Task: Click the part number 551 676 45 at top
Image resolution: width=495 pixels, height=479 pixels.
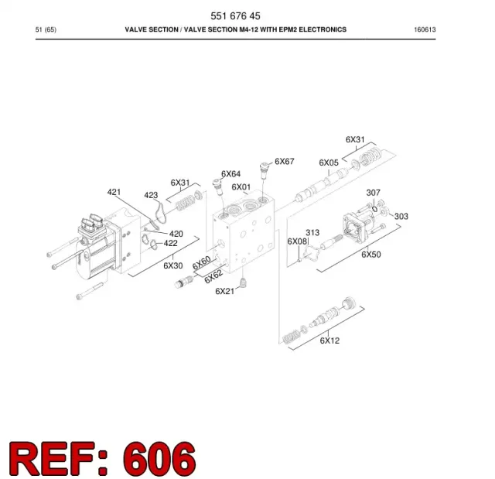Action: point(235,15)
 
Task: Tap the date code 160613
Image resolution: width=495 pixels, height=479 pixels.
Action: point(425,29)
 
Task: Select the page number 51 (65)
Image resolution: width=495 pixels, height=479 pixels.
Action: point(46,29)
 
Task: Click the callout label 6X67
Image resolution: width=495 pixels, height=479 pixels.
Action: point(285,162)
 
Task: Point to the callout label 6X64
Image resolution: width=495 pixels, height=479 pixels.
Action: point(230,174)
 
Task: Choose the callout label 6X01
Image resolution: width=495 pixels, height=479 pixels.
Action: point(241,187)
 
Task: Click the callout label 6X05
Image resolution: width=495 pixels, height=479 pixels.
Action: point(329,163)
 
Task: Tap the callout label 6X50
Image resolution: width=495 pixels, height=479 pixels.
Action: point(371,255)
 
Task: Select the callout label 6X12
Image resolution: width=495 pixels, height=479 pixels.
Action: point(330,340)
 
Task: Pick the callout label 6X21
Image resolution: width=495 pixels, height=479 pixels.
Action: point(225,291)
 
